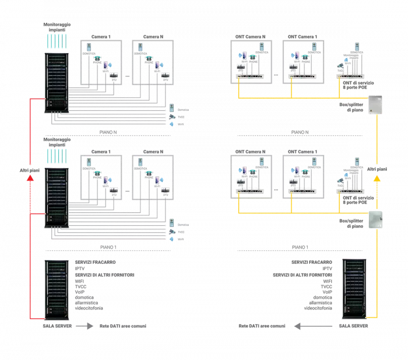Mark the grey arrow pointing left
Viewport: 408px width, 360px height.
point(301,327)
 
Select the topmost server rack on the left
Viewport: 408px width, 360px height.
point(57,81)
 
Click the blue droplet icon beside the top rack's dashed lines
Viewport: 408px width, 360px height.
point(172,123)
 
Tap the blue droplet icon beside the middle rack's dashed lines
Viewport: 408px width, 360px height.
point(172,239)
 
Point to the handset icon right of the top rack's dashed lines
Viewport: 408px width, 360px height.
point(173,107)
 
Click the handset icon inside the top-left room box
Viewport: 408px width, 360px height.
point(89,47)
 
